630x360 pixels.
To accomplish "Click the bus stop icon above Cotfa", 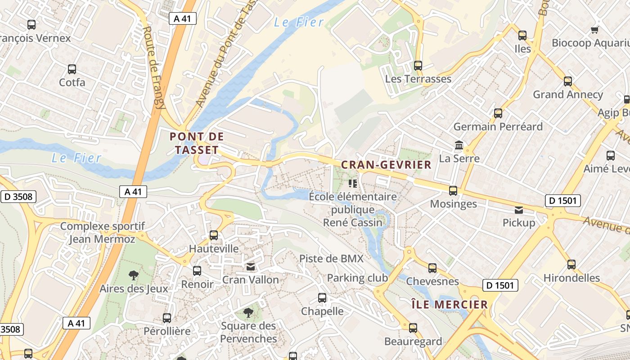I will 72,69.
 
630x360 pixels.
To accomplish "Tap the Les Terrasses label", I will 418,79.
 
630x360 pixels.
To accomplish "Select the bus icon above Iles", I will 522,35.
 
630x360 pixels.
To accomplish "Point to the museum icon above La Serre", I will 459,145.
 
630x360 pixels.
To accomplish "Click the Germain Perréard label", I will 498,126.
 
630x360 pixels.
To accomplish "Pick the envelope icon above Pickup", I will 519,210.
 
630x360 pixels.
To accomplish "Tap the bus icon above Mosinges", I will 453,191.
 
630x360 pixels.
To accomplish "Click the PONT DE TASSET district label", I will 197,143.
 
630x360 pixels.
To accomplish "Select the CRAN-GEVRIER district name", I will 386,165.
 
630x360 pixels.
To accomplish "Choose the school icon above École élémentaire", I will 353,184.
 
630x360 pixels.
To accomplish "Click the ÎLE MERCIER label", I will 450,305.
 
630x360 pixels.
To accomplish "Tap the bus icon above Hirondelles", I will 571,265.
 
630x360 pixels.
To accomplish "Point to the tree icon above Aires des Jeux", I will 134,275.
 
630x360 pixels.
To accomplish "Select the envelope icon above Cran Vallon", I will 251,267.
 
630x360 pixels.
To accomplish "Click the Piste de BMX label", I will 331,258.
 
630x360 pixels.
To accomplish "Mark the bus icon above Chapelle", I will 322,298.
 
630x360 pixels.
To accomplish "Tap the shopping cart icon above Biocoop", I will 594,30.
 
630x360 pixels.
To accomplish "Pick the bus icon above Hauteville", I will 214,235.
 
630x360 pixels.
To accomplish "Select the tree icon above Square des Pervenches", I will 248,312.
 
